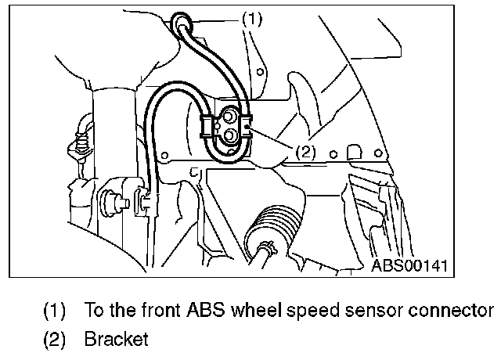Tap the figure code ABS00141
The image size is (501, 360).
(409, 265)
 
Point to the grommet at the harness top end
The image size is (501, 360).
(182, 21)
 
